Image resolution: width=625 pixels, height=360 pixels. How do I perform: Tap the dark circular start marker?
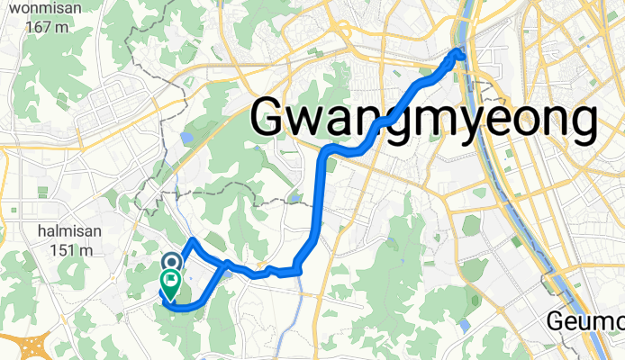click(171, 261)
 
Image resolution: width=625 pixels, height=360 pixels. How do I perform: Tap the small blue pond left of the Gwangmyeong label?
click(186, 138)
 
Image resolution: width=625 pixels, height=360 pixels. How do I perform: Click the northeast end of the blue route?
click(461, 53)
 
